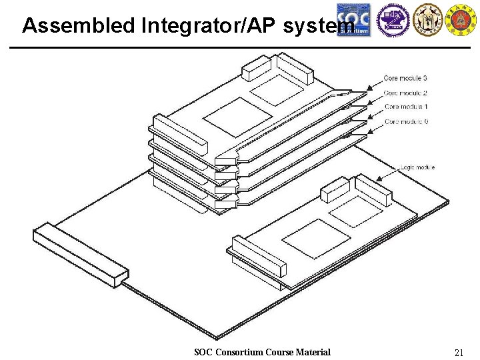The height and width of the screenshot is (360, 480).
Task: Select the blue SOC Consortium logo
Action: point(353,19)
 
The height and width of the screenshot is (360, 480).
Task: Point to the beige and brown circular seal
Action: point(427,19)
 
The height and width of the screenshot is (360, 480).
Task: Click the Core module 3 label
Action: point(405,78)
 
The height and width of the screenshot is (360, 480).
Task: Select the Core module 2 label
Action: point(405,93)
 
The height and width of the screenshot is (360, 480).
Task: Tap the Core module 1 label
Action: point(406,107)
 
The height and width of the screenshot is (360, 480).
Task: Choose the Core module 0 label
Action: point(406,121)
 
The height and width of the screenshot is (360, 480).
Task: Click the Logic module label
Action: point(417,167)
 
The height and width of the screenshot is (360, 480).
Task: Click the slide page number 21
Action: point(459,352)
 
